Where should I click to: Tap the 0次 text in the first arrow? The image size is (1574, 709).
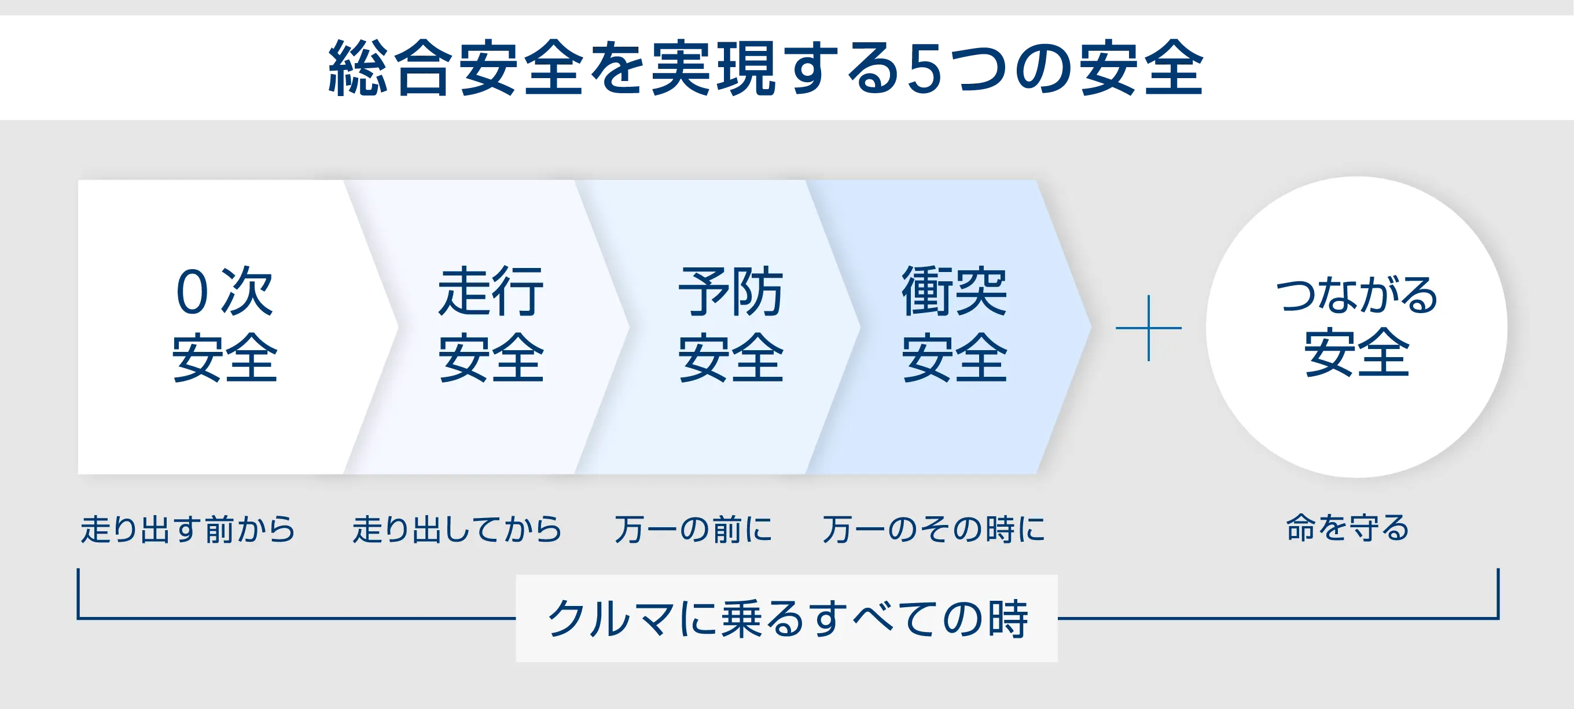click(225, 291)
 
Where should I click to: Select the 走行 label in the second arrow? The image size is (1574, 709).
click(491, 291)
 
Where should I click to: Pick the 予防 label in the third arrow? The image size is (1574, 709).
click(731, 291)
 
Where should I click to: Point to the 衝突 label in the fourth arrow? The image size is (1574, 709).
click(954, 291)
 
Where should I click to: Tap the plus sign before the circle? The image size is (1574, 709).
click(1149, 328)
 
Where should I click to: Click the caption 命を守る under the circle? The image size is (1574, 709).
click(1347, 527)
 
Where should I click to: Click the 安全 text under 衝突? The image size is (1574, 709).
click(954, 358)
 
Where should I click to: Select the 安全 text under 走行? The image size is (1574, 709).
click(491, 358)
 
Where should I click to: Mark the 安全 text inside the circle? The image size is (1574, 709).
click(1356, 352)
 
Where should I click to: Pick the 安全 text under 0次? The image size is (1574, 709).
click(225, 358)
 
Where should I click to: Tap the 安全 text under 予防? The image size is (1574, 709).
click(731, 358)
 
